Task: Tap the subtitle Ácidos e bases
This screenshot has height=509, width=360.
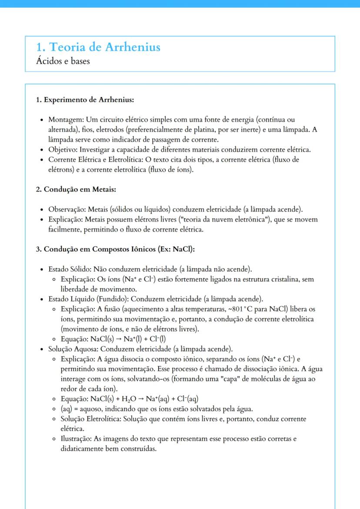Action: pos(63,61)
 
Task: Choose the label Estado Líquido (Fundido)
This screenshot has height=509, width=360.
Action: pos(87,299)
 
